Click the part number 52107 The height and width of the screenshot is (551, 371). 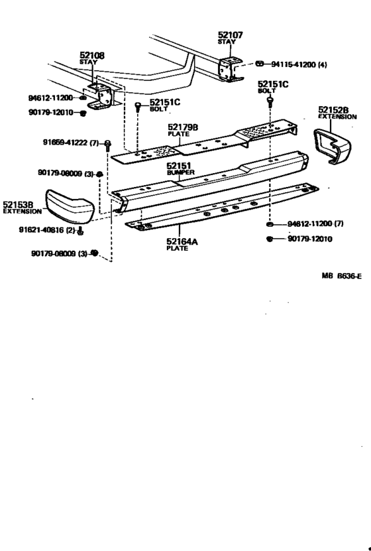pyautogui.click(x=231, y=34)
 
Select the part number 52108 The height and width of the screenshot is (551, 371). pyautogui.click(x=92, y=56)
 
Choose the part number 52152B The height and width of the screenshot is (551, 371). pyautogui.click(x=333, y=110)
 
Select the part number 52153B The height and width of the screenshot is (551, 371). pyautogui.click(x=19, y=205)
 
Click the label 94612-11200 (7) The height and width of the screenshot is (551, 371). pyautogui.click(x=315, y=224)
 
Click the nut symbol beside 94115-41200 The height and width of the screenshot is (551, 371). pyautogui.click(x=260, y=64)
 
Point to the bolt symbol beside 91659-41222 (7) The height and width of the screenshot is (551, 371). pyautogui.click(x=108, y=144)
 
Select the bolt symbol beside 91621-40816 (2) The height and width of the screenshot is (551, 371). pyautogui.click(x=81, y=231)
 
